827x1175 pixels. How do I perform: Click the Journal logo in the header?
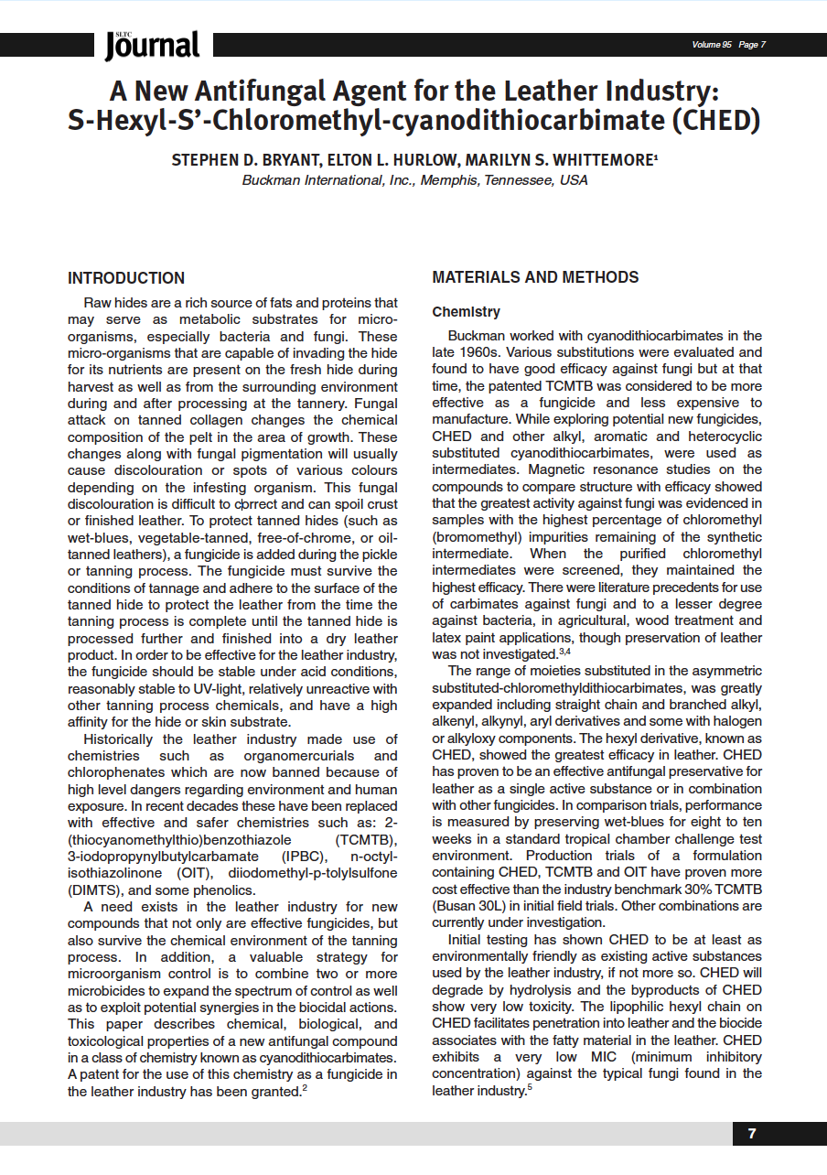[152, 45]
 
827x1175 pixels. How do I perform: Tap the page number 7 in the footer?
[752, 1134]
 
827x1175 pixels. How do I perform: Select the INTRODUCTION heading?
[126, 278]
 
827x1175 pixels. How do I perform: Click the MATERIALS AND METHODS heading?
[535, 277]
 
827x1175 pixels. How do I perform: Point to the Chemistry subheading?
[466, 312]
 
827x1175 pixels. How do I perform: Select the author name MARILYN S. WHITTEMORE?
[565, 160]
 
